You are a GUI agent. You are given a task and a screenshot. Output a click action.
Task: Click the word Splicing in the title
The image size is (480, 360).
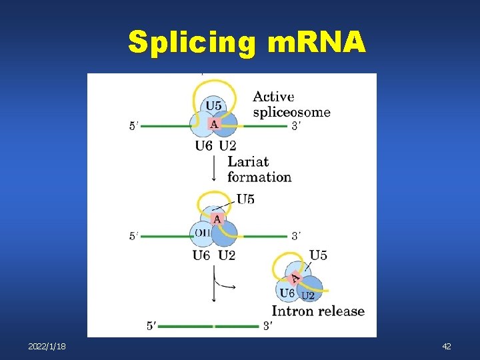pos(191,42)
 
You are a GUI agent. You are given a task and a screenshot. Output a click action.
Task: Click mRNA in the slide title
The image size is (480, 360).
pos(315,42)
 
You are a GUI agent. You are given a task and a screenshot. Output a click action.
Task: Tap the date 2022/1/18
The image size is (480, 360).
pos(47,347)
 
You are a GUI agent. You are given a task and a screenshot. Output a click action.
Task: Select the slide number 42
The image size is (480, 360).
pos(447,347)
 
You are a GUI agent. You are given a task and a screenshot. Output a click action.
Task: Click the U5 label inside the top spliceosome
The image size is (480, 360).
pos(215,105)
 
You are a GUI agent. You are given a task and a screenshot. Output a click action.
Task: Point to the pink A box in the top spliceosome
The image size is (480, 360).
pos(214,123)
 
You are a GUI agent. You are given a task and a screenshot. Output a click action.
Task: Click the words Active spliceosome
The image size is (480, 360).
pos(291,105)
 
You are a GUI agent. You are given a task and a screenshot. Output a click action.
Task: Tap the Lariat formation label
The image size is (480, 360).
pos(259,169)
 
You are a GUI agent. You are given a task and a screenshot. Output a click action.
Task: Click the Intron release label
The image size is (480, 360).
pos(318,311)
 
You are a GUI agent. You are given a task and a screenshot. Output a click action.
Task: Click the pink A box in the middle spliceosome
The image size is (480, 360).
pos(216,218)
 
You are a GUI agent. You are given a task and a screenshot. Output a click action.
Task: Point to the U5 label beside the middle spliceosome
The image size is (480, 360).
pos(245,199)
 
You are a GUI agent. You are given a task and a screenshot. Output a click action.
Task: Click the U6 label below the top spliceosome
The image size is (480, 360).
pos(204,146)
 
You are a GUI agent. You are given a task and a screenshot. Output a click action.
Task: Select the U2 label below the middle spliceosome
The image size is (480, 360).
pos(227,255)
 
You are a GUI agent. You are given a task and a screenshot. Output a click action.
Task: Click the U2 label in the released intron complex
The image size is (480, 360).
pos(308,295)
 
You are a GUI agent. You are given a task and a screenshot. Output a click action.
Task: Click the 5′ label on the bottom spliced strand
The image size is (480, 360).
pos(153,326)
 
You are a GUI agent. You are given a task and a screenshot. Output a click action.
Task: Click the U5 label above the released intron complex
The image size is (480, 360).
pos(318,255)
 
